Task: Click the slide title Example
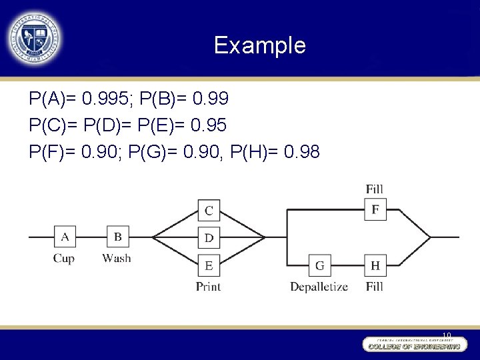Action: (x=259, y=45)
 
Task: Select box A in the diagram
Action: (x=65, y=237)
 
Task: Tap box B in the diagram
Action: (x=117, y=237)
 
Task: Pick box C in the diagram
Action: (x=209, y=211)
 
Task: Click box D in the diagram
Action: (x=209, y=237)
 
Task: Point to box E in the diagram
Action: (x=209, y=265)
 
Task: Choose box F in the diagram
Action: (x=375, y=210)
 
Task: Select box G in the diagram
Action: (x=320, y=265)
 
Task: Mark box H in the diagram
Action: (x=375, y=265)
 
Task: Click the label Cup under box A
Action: (x=64, y=259)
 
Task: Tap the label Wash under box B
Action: (x=117, y=259)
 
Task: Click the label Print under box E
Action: (x=208, y=287)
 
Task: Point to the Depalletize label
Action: (x=319, y=287)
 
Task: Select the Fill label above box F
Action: (x=375, y=190)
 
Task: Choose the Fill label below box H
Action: (x=375, y=287)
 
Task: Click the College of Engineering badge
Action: (x=413, y=345)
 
